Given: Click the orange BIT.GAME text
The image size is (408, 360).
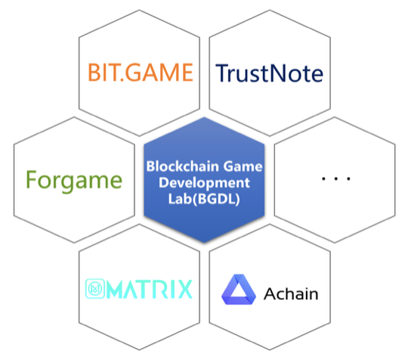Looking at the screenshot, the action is (x=141, y=73).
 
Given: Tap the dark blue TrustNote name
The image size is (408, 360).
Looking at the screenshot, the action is (x=269, y=73).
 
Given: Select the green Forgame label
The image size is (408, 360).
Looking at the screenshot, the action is (x=74, y=181).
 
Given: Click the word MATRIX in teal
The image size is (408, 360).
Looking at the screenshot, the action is (x=150, y=289).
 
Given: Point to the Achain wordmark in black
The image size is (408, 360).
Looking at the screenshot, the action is (x=291, y=294).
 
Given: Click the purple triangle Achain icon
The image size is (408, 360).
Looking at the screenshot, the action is (x=238, y=289).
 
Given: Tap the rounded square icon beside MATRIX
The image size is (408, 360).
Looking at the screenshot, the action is (x=95, y=289).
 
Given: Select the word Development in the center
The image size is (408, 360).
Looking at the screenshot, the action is (x=204, y=182).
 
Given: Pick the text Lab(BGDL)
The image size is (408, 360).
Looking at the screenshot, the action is (x=204, y=199).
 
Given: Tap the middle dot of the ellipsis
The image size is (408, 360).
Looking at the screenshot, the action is (x=336, y=178).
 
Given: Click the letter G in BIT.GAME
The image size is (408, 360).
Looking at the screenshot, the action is (x=134, y=73).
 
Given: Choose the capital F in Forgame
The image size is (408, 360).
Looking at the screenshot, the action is (x=31, y=179).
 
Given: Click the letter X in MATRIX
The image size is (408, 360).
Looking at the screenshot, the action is (x=184, y=289).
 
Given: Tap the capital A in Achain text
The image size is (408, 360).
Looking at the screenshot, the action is (x=270, y=294).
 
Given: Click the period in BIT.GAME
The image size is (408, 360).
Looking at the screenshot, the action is (x=122, y=79).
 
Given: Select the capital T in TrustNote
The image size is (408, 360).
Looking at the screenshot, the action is (x=222, y=73).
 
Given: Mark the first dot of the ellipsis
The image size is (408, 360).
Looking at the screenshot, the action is (x=323, y=178).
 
